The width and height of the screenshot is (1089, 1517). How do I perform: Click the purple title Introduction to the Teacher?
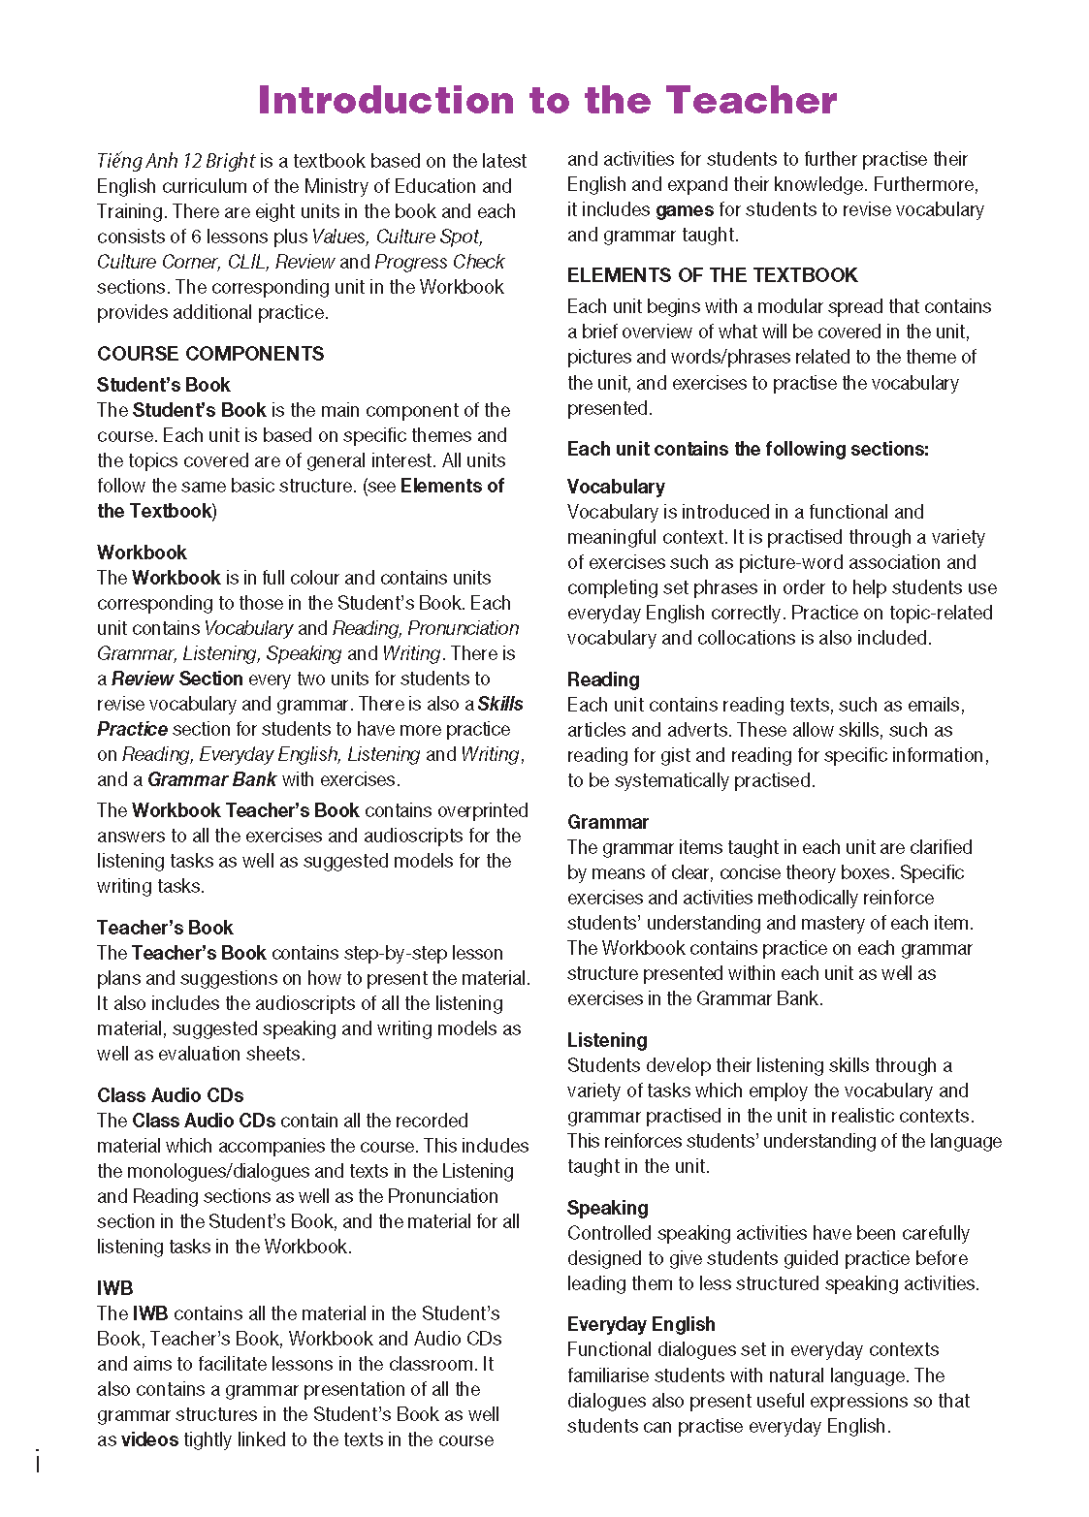[547, 100]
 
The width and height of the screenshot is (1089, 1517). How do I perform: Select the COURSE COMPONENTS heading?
[210, 354]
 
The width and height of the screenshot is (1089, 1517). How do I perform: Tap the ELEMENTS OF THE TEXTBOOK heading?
[712, 275]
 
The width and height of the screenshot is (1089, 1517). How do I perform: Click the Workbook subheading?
[142, 553]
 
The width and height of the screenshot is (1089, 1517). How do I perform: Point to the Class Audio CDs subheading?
[170, 1095]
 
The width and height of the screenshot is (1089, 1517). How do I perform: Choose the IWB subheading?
[114, 1288]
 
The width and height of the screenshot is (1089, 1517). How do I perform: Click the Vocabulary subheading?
[616, 487]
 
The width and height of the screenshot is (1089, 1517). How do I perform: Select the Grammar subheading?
[607, 822]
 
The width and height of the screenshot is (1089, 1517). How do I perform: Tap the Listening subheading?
[607, 1040]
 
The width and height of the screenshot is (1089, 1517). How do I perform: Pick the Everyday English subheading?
[641, 1324]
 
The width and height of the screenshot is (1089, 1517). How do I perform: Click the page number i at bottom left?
[37, 1462]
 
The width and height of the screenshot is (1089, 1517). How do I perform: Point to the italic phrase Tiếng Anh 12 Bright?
[176, 161]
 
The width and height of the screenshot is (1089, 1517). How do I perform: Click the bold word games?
[684, 209]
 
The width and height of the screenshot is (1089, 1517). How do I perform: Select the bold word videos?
[149, 1439]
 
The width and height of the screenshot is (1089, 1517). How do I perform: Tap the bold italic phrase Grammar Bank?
[211, 779]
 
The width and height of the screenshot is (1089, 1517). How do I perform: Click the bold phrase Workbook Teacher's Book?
[245, 810]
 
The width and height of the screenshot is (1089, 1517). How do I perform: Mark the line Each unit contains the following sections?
[748, 449]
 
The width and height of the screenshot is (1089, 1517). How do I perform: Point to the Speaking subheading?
[607, 1208]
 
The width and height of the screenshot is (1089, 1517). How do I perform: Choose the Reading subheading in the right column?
[603, 679]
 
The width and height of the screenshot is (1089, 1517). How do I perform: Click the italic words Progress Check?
[439, 262]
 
